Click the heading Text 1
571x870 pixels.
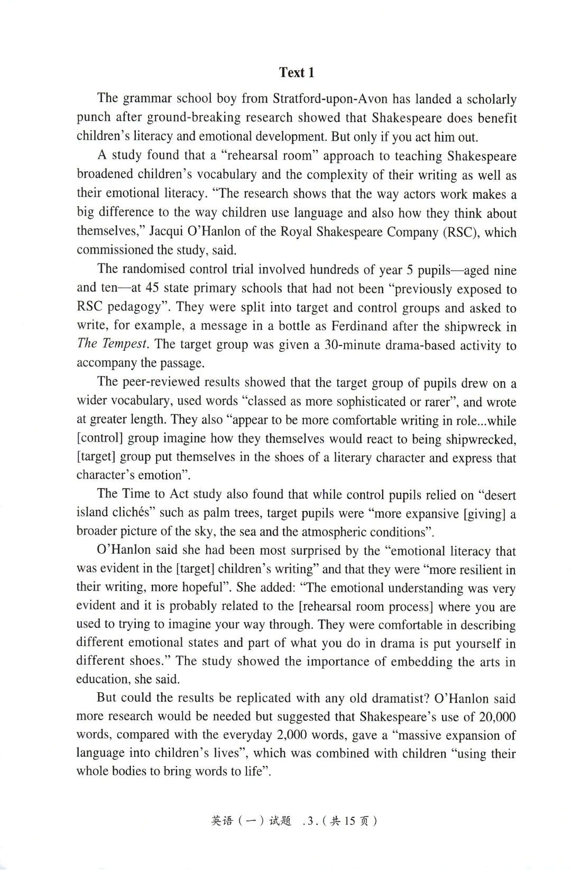pyautogui.click(x=297, y=72)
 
